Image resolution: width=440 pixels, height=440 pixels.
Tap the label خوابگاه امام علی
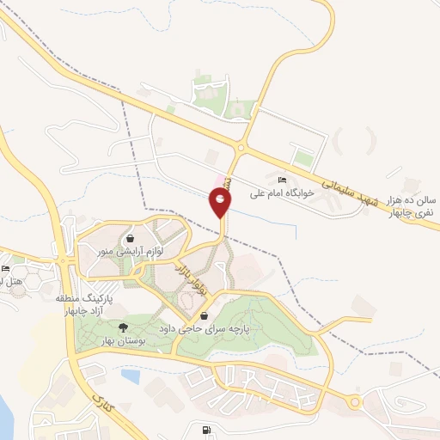tap(282, 194)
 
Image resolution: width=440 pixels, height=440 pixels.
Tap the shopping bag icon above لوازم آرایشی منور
tap(129, 238)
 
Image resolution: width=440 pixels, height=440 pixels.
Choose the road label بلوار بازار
tap(192, 279)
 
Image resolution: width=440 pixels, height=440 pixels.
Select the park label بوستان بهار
tap(123, 342)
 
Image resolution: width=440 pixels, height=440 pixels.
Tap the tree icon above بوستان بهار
tap(123, 327)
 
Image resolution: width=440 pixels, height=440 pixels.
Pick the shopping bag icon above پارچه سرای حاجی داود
tap(203, 316)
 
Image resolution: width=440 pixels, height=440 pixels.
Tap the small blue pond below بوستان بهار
tap(131, 376)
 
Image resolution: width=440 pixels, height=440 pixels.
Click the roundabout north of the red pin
tap(240, 147)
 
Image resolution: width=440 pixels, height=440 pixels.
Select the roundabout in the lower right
tap(353, 402)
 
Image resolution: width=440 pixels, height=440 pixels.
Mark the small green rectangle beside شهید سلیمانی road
tap(302, 158)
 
